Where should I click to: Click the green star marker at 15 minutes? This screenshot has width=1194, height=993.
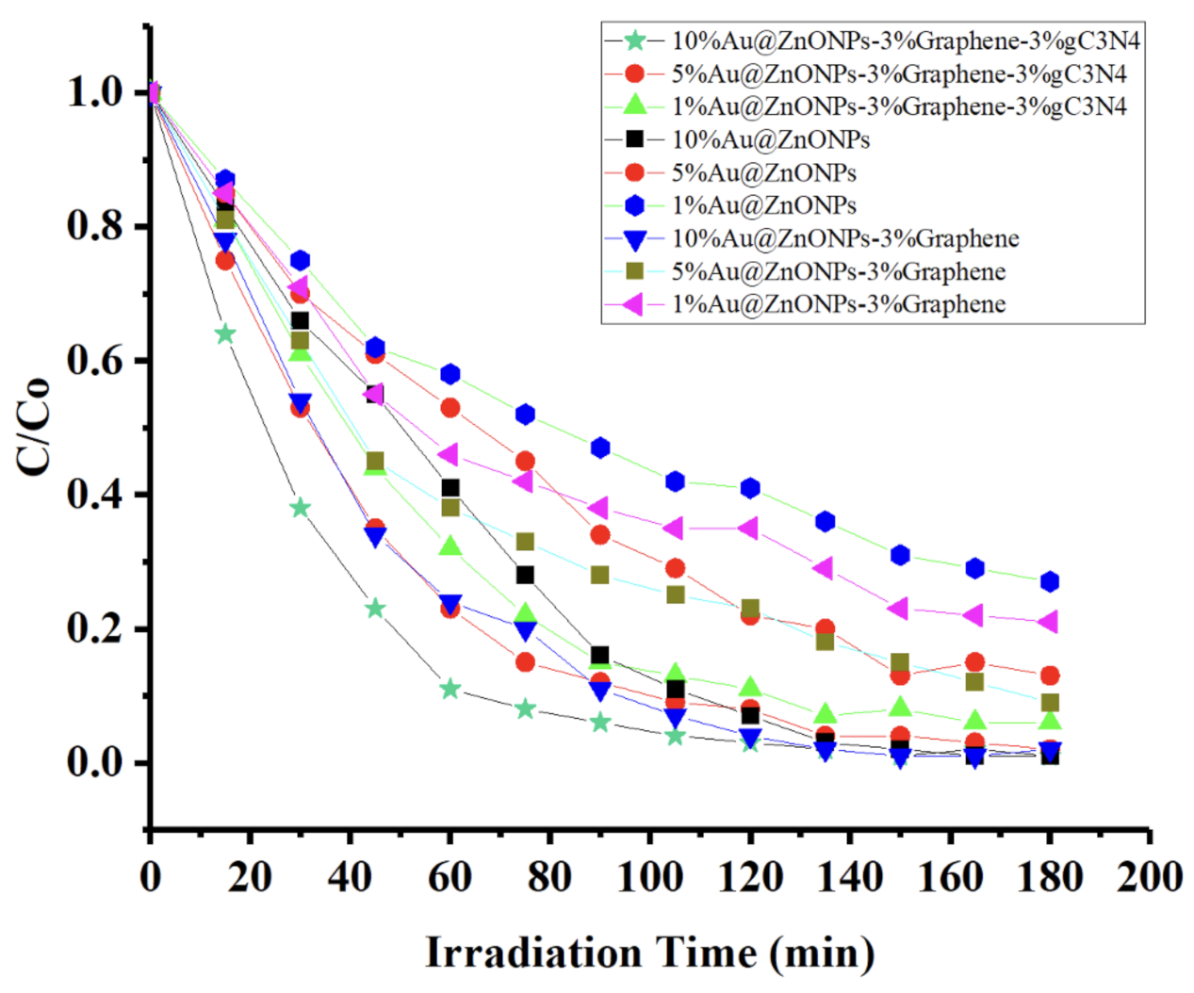click(224, 334)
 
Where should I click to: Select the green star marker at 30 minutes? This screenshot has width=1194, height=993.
click(300, 508)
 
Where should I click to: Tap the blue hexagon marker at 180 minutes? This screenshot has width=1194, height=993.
click(1050, 581)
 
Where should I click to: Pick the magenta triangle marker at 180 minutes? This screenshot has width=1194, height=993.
click(1048, 622)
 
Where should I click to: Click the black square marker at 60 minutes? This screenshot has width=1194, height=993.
click(450, 487)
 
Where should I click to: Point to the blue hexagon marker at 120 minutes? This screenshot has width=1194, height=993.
click(750, 487)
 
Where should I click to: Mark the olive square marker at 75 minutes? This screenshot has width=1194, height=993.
click(525, 542)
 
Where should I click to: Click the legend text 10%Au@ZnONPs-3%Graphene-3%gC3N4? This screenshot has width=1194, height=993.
click(906, 41)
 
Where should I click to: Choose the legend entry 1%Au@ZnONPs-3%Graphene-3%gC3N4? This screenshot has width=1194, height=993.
click(898, 106)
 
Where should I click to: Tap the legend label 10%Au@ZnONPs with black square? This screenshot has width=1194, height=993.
click(770, 139)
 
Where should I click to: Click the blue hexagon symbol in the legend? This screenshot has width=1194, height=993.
click(634, 205)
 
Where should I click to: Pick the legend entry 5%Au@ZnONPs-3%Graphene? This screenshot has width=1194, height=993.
click(838, 271)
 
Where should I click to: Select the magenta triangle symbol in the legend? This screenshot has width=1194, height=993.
click(633, 304)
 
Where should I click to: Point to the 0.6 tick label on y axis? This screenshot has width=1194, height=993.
click(95, 361)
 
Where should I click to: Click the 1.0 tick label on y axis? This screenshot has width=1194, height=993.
click(95, 92)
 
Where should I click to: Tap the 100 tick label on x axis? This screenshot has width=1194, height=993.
click(649, 877)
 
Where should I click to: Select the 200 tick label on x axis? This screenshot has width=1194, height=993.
click(1149, 877)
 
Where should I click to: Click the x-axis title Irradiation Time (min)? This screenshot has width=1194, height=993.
click(649, 952)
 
